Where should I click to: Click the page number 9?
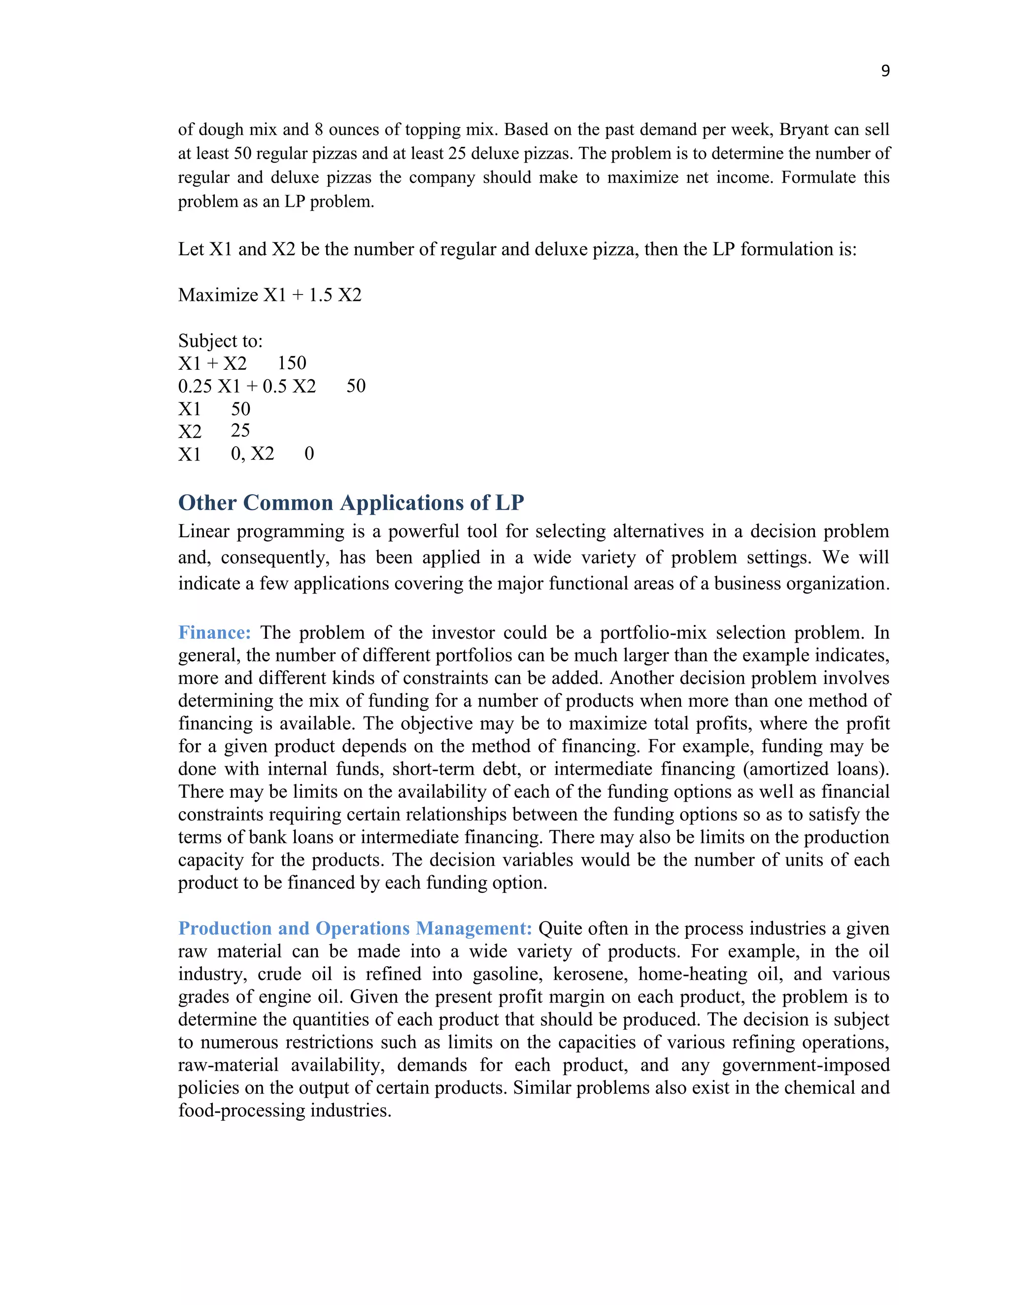pyautogui.click(x=885, y=71)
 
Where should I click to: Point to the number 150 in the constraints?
pyautogui.click(x=292, y=363)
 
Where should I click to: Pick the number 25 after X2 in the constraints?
pyautogui.click(x=240, y=430)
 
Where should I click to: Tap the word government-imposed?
pyautogui.click(x=806, y=1065)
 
